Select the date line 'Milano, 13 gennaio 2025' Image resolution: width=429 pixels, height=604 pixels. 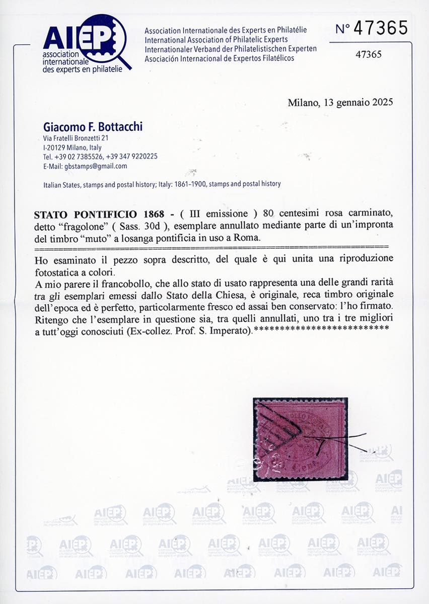tap(340, 102)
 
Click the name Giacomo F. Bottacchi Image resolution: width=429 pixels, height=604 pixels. tap(93, 127)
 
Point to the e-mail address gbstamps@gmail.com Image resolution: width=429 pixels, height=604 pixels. tap(85, 166)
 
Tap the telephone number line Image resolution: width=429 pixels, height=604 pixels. tap(100, 157)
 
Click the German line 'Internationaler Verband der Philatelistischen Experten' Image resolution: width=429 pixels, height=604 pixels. tap(231, 49)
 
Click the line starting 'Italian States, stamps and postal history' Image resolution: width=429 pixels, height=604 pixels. tap(162, 184)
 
